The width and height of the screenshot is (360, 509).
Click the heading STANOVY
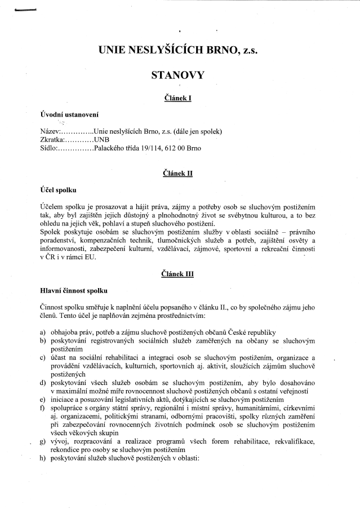(177, 74)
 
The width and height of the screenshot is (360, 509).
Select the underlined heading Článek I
(177, 98)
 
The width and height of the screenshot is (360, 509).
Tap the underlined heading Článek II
(177, 173)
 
